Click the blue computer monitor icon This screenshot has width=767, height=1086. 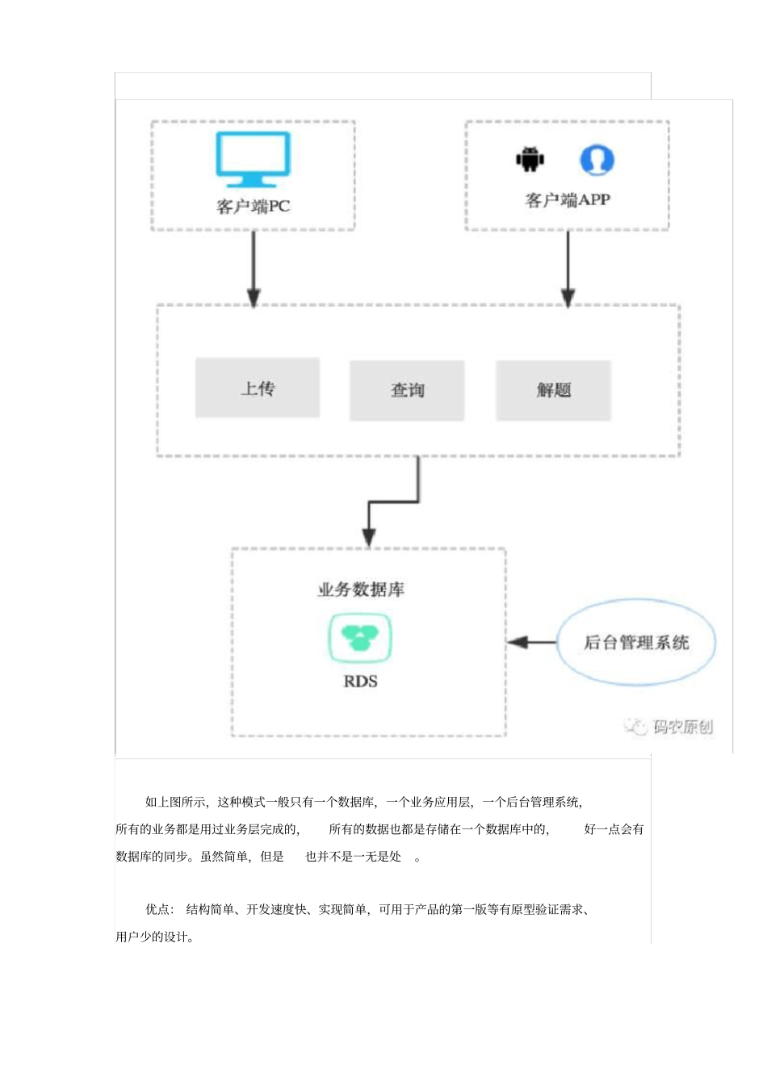tap(253, 159)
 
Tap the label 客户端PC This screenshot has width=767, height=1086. tap(253, 207)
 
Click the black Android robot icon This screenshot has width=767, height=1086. tap(530, 159)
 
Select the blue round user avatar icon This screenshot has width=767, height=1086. tap(597, 160)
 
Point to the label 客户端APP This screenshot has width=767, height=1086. tap(568, 200)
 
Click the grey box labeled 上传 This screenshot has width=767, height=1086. tap(258, 388)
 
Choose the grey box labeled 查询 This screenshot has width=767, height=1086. tap(407, 390)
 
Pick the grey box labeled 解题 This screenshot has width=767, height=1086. tap(554, 390)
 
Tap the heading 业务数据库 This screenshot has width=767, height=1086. tap(361, 589)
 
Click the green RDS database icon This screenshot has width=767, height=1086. tap(360, 637)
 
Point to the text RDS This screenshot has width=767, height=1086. tap(360, 681)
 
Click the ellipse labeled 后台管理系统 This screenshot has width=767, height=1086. tap(636, 643)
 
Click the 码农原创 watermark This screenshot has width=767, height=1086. tap(669, 727)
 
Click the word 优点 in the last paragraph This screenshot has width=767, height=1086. tap(157, 909)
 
